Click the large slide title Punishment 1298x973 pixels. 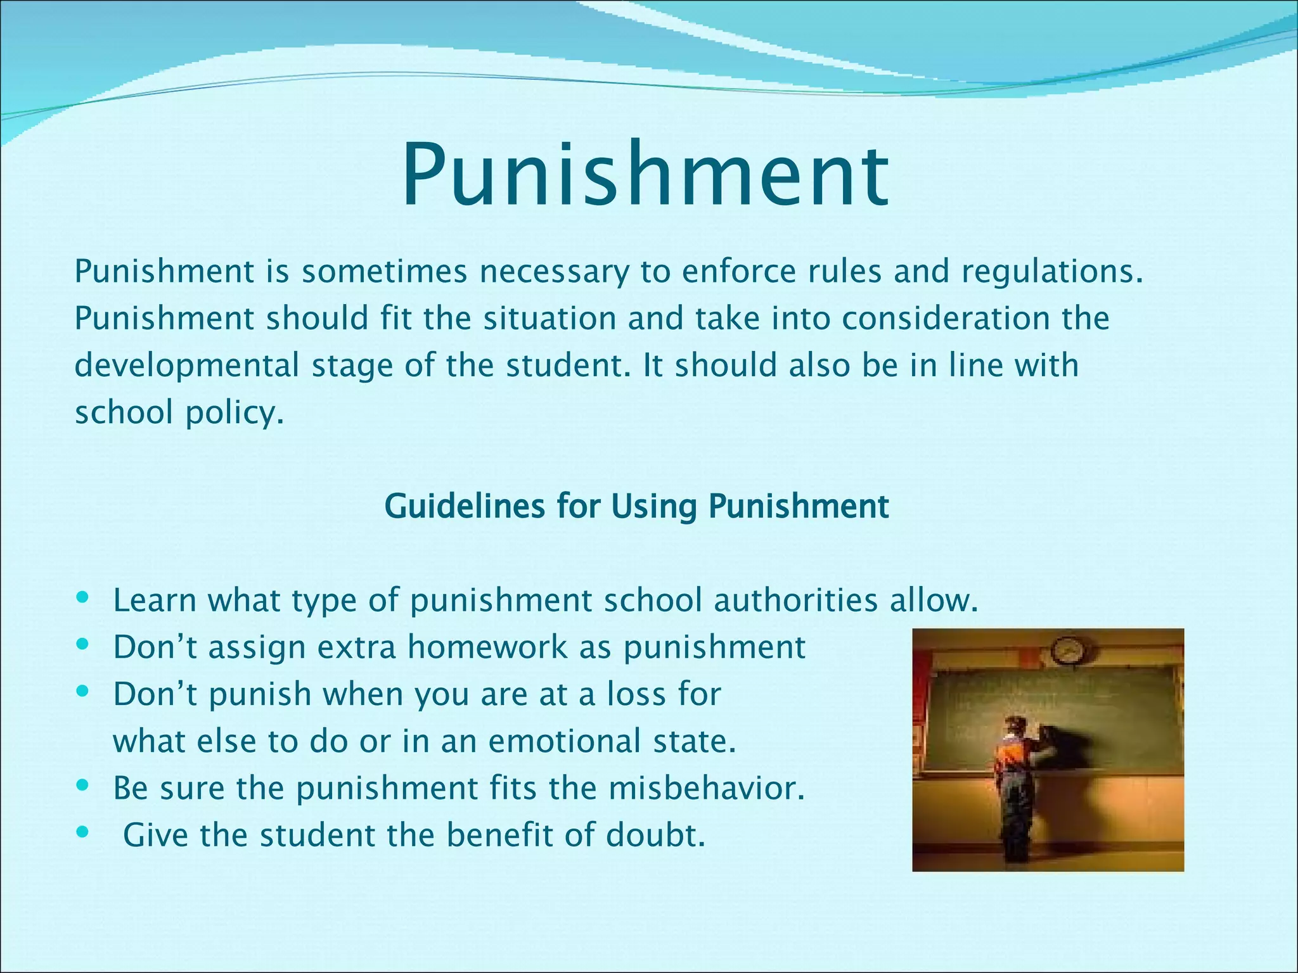click(645, 175)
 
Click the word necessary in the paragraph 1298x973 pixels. click(553, 271)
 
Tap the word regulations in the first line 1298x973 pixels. click(1052, 272)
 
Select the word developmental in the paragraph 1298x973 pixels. click(186, 366)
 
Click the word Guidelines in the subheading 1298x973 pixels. click(465, 507)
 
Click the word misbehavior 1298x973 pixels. click(706, 788)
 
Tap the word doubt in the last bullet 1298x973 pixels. click(655, 835)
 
